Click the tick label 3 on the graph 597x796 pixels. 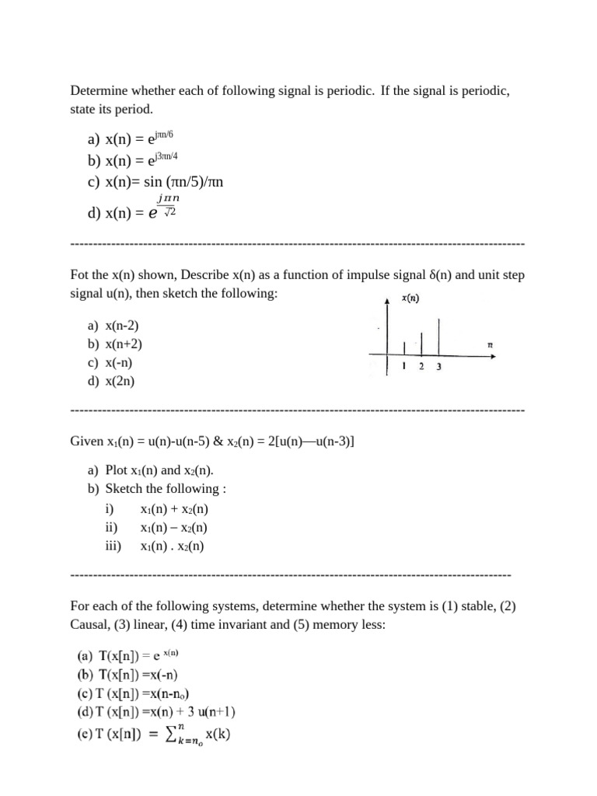(438, 368)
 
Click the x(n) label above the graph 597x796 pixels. (410, 298)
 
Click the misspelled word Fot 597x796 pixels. (80, 276)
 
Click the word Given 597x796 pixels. (86, 442)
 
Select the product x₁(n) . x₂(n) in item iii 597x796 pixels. (172, 546)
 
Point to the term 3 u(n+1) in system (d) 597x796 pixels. (209, 711)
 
